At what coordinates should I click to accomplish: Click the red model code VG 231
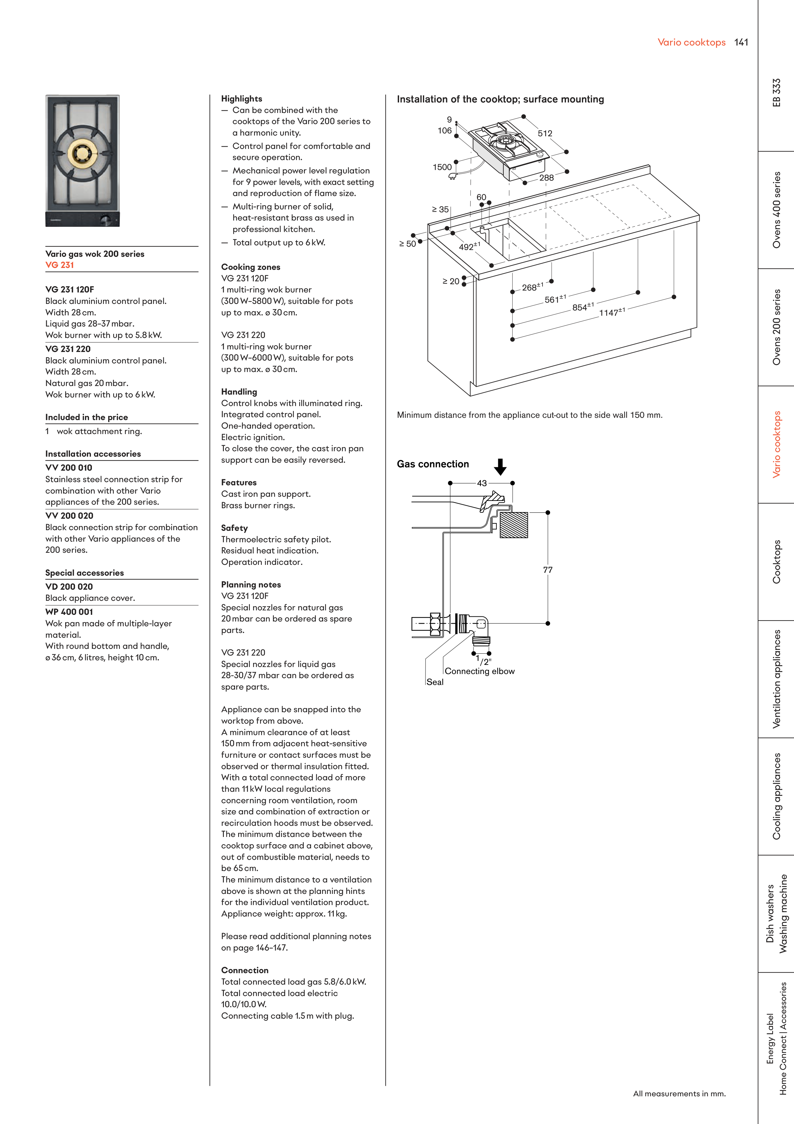[60, 265]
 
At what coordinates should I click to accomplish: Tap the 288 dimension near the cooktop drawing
[547, 178]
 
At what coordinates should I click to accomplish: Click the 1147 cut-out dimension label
[611, 312]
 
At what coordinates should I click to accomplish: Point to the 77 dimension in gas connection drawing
[548, 570]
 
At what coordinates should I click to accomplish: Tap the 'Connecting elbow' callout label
[480, 671]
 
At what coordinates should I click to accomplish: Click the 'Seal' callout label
[435, 682]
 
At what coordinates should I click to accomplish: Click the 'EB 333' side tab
[777, 93]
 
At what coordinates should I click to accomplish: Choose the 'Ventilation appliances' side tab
[777, 679]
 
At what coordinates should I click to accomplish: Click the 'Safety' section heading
[234, 528]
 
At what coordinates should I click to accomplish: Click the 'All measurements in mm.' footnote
[679, 1094]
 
